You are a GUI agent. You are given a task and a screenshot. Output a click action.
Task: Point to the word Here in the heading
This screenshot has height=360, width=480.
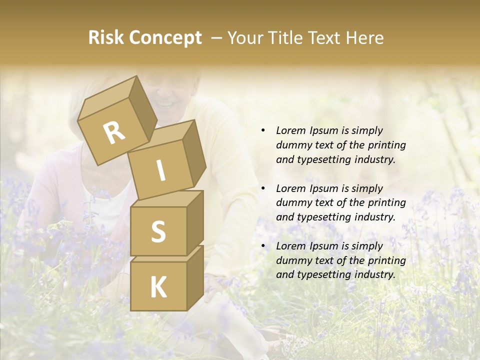click(364, 38)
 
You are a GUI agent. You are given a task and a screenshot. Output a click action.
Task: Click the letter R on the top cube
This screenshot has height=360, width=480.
click(114, 133)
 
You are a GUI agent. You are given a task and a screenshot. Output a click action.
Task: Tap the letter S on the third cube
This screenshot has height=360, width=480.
click(158, 231)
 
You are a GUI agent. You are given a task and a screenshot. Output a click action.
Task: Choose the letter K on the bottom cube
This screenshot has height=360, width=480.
click(158, 287)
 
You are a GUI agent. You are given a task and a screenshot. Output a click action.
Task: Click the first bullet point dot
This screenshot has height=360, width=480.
click(263, 130)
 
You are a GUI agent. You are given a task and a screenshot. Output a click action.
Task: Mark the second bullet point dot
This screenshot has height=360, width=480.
click(263, 188)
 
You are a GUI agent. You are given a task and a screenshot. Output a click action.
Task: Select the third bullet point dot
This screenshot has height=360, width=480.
click(263, 246)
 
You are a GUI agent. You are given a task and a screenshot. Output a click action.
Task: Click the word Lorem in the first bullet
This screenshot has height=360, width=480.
click(290, 130)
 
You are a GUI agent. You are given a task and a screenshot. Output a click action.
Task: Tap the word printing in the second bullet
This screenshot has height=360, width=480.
click(386, 203)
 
